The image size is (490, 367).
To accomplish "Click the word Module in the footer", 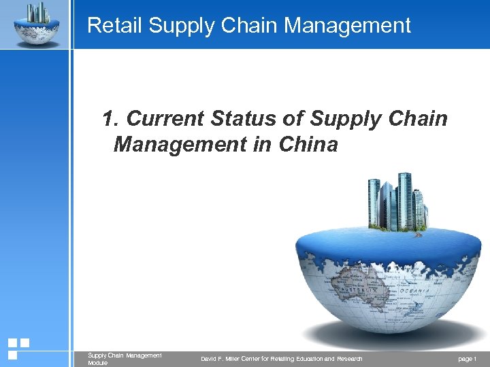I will (97, 363).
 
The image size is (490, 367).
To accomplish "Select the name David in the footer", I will (210, 358).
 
